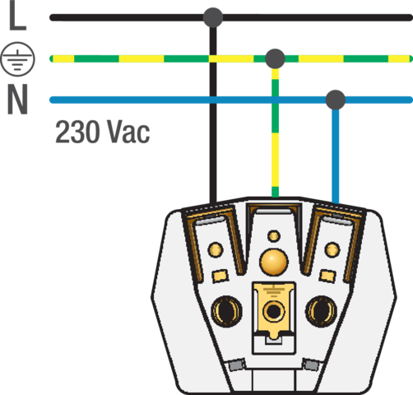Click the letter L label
coord(17,15)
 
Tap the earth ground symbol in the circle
coord(17,59)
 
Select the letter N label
coord(17,99)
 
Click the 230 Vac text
coord(103,132)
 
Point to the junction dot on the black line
coord(213,17)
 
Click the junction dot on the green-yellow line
coord(275,58)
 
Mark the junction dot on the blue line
coord(336,100)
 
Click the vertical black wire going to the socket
coord(213,115)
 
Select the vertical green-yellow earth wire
coord(275,132)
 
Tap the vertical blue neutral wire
coord(336,156)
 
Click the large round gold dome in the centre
coord(274,262)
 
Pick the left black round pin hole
coord(226,311)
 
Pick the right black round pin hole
coord(321,311)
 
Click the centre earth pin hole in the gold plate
coord(273,311)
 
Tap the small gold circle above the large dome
coord(274,236)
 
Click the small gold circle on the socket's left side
coord(216,250)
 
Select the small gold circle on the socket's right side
coord(332,250)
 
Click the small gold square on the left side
coord(220,276)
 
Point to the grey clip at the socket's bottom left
coord(236,365)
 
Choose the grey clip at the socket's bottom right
coord(311,365)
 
